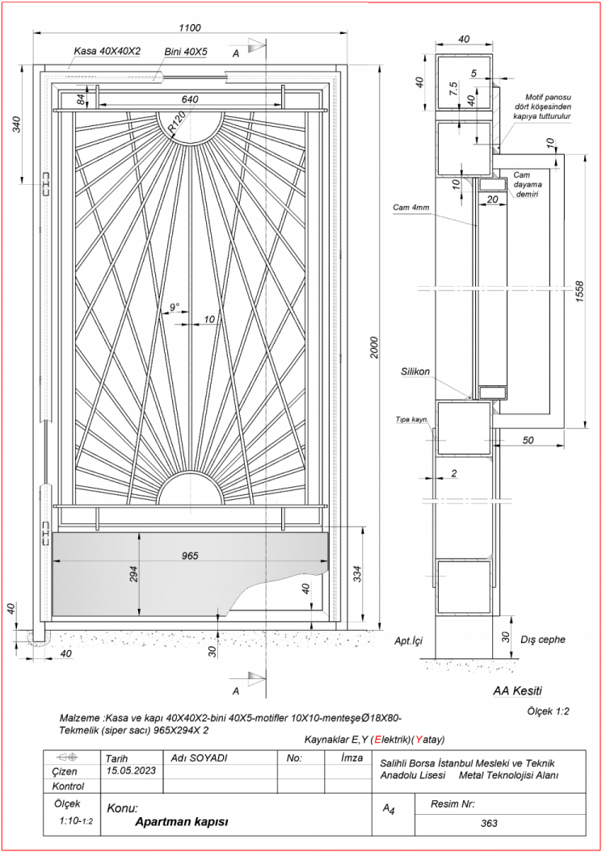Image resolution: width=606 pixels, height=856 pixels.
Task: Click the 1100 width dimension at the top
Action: pos(191,27)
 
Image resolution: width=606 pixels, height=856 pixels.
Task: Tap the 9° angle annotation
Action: pos(175,308)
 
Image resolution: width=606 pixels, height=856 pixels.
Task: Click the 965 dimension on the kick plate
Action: pos(191,556)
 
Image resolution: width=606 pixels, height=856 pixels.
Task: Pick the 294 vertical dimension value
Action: pos(134,573)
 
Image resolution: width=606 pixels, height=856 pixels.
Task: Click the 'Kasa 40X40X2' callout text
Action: pos(107,51)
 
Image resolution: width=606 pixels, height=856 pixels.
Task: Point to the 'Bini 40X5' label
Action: pos(186,51)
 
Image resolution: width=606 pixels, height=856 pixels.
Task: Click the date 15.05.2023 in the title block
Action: pos(129,770)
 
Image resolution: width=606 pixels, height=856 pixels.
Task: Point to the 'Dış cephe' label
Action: pos(543,640)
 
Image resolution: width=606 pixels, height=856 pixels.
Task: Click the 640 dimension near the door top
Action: pos(190,99)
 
